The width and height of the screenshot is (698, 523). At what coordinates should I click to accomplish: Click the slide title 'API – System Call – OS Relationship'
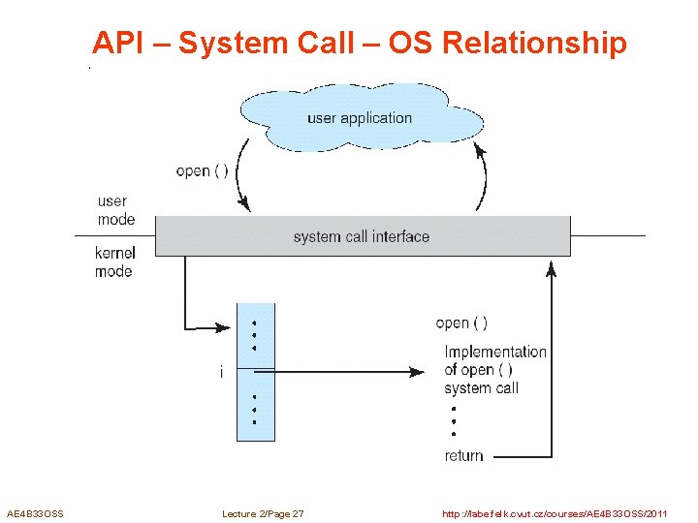click(x=360, y=44)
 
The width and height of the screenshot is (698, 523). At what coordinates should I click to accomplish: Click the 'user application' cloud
click(x=360, y=118)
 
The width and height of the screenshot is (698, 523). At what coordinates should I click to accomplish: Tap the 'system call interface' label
click(x=361, y=236)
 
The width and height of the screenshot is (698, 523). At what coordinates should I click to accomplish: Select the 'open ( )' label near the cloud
click(x=202, y=171)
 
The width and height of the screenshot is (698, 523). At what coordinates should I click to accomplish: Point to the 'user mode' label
click(x=115, y=210)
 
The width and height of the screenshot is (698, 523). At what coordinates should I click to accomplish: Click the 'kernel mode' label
click(x=114, y=262)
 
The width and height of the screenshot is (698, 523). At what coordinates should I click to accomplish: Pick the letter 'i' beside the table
click(x=221, y=372)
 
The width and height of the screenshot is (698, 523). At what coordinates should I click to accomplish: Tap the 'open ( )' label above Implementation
click(x=461, y=323)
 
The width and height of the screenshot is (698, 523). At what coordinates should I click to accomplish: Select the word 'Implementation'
click(x=495, y=352)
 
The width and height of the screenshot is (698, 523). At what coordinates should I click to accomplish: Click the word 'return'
click(x=463, y=455)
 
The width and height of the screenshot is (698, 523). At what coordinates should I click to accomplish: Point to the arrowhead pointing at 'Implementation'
click(x=420, y=371)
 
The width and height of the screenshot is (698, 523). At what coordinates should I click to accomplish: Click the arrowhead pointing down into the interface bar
click(x=243, y=204)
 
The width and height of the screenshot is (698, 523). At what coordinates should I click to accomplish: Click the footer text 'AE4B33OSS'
click(x=35, y=513)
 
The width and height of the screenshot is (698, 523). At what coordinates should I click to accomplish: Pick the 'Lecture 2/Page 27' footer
click(x=263, y=513)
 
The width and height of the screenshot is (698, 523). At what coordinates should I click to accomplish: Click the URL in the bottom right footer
click(x=554, y=513)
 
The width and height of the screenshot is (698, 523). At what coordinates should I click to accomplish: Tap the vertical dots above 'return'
click(x=453, y=421)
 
